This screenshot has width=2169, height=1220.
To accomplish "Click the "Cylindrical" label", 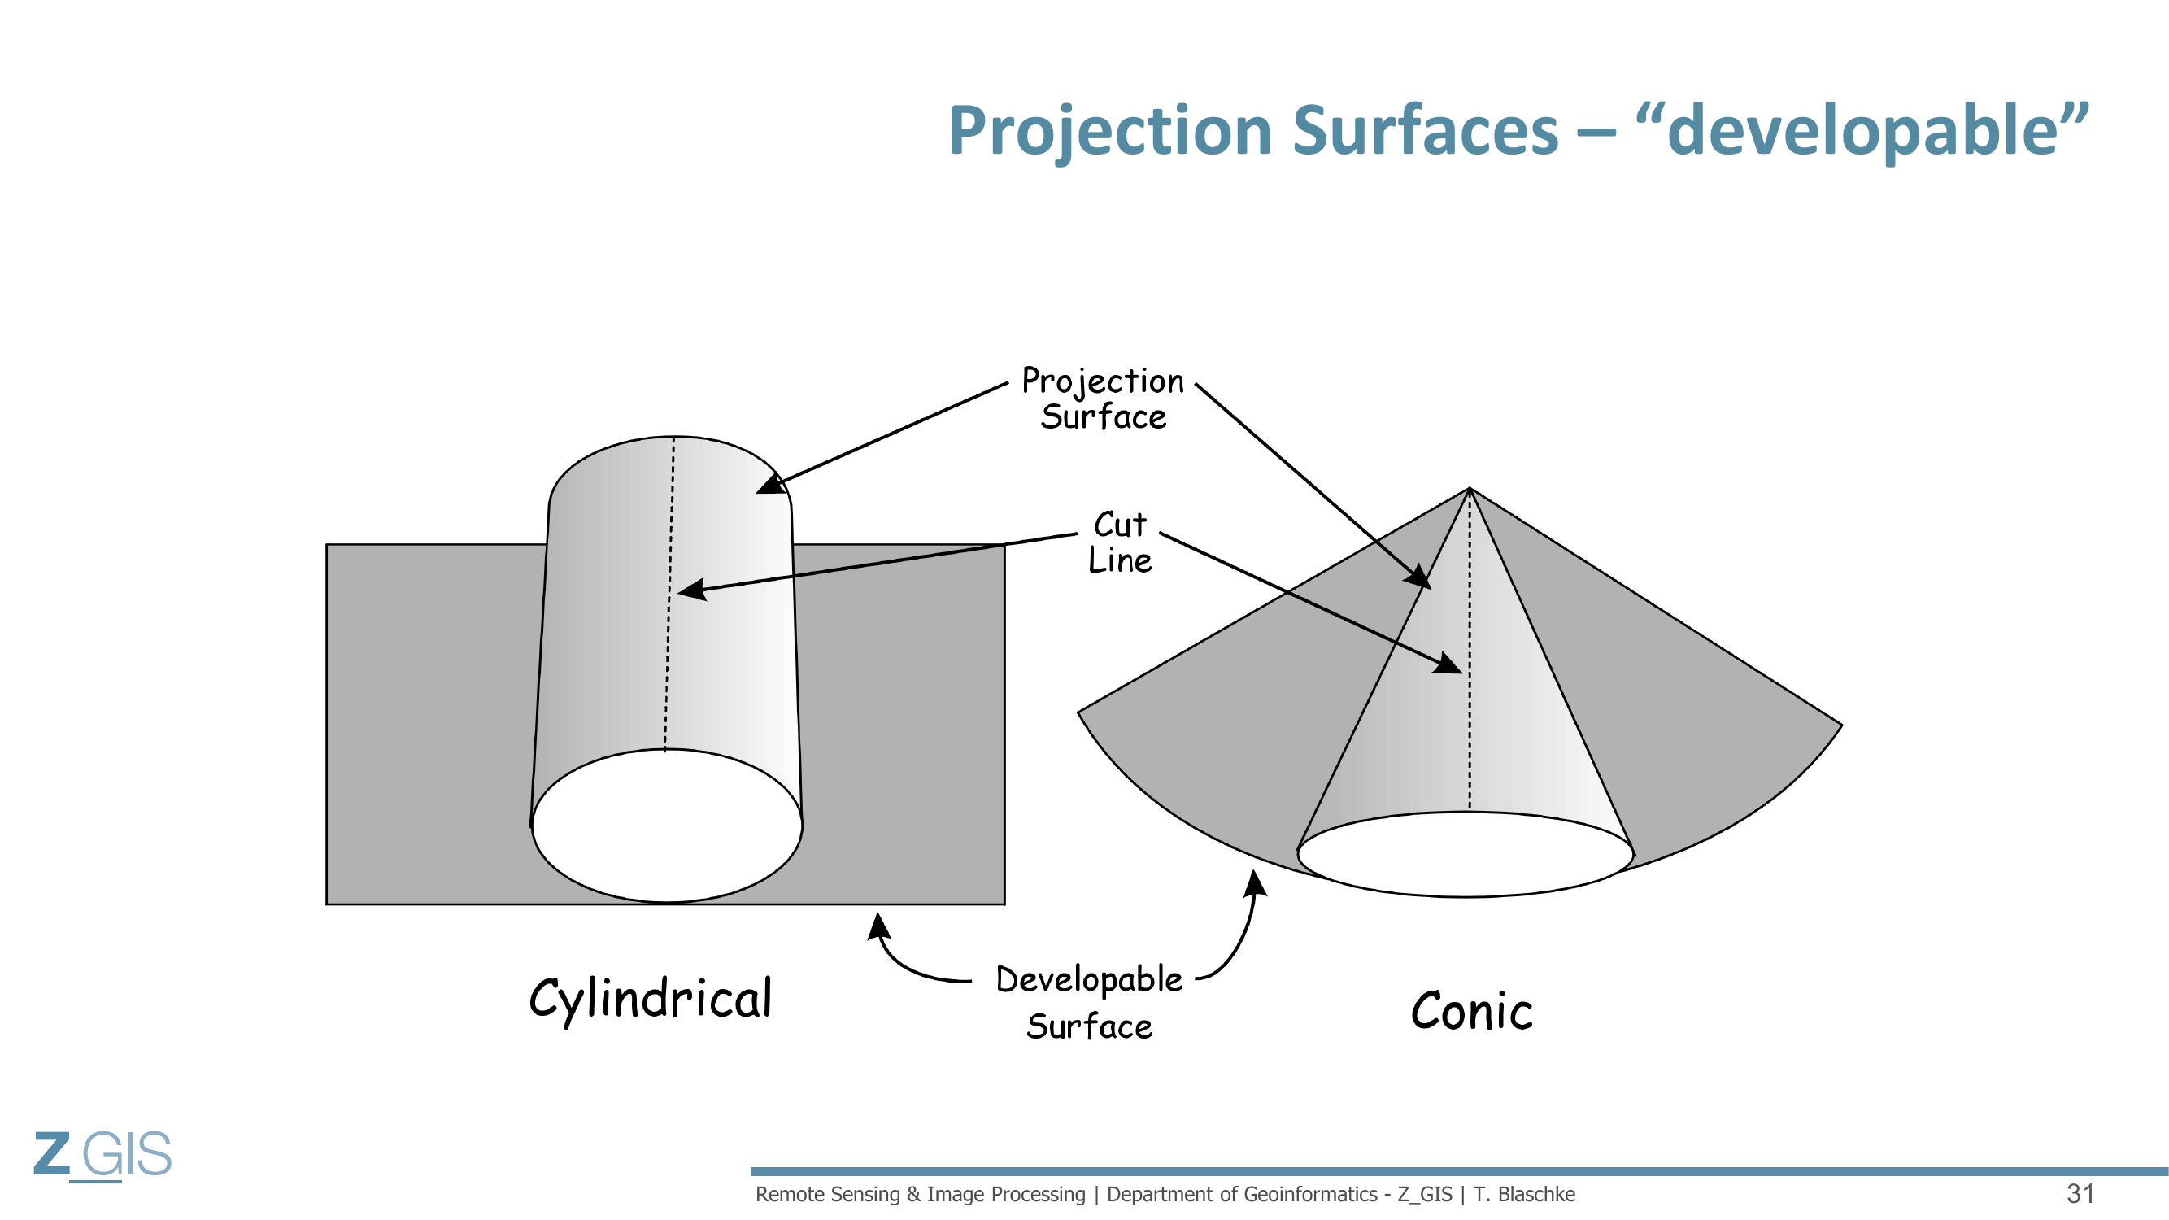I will click(x=650, y=1000).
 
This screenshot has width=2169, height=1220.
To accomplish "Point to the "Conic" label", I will click(x=1471, y=1011).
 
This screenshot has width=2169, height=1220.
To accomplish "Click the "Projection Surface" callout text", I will click(x=1103, y=399).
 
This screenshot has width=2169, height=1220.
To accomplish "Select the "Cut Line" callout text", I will click(x=1120, y=542).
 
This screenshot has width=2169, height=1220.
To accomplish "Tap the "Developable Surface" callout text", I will click(x=1090, y=1002).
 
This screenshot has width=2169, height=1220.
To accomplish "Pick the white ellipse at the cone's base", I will click(x=1465, y=855).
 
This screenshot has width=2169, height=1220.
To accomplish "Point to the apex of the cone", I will click(x=1470, y=489).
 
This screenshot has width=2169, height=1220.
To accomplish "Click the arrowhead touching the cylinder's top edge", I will click(x=769, y=484).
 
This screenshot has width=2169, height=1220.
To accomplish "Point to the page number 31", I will click(x=2080, y=1193).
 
